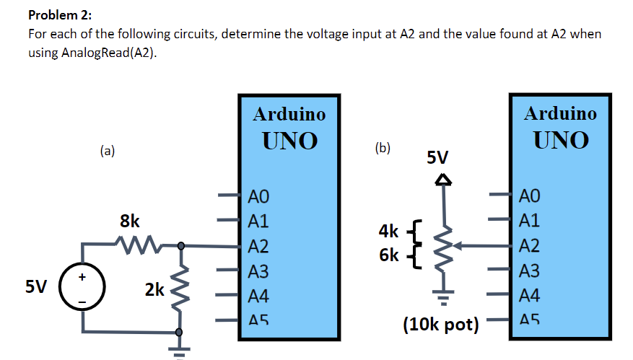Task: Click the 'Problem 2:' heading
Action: click(x=61, y=15)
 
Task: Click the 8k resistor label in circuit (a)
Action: click(x=130, y=221)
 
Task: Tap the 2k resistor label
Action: click(x=154, y=290)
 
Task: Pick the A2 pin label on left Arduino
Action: click(x=258, y=247)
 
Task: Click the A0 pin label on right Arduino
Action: click(x=529, y=196)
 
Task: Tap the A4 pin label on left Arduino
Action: click(x=258, y=296)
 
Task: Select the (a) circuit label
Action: click(x=108, y=151)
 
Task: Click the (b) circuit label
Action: click(x=383, y=148)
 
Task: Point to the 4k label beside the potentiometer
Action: click(x=388, y=232)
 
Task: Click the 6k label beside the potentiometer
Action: click(x=388, y=255)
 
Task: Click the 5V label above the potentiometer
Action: click(x=437, y=157)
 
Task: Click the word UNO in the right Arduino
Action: click(x=561, y=139)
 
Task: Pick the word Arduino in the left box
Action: click(x=289, y=114)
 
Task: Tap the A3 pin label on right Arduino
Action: click(x=529, y=271)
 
